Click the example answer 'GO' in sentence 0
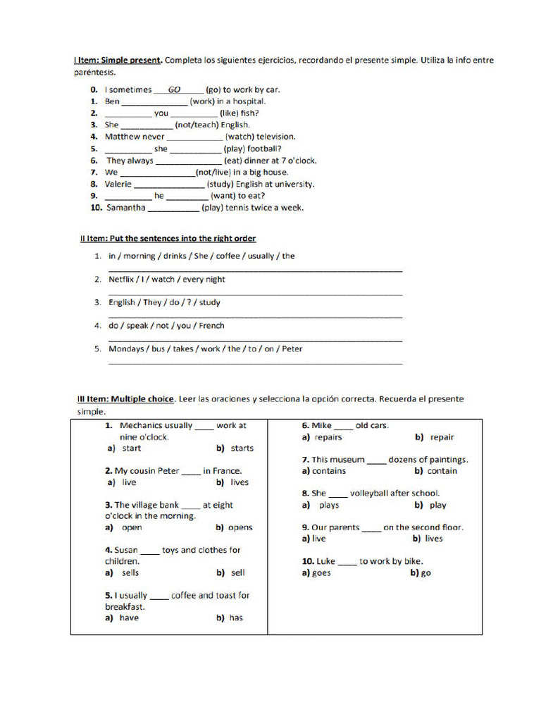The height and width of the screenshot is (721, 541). (175, 90)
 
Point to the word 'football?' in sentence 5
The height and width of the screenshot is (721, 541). (264, 149)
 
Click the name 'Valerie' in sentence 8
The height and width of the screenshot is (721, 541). (118, 184)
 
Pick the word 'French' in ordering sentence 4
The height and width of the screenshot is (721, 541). (211, 326)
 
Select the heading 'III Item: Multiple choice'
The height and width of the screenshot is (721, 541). (125, 399)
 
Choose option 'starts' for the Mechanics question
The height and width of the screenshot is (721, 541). (242, 449)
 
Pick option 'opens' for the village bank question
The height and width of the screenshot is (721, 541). (240, 527)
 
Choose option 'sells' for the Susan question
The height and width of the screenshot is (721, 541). (130, 573)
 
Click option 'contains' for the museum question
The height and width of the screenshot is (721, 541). (328, 471)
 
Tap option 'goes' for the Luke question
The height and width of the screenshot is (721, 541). (321, 573)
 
